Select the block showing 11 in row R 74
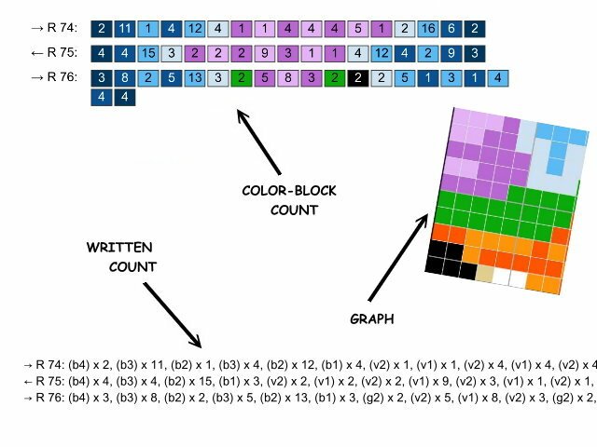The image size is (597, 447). (x=124, y=30)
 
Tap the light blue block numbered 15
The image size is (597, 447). (x=147, y=54)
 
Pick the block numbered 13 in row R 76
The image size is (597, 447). (x=193, y=78)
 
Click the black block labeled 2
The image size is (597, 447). (x=356, y=78)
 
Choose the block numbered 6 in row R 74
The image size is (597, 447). (x=451, y=30)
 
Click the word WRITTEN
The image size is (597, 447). (x=120, y=249)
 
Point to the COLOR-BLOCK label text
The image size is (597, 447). (x=289, y=192)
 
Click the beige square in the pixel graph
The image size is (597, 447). (x=483, y=274)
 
